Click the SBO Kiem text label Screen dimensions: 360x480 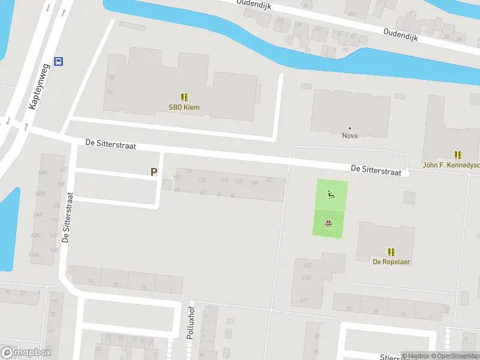pyautogui.click(x=184, y=108)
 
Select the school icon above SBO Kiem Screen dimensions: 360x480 pyautogui.click(x=184, y=97)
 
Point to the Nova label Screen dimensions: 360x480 pyautogui.click(x=350, y=136)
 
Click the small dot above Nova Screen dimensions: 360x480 pyautogui.click(x=350, y=128)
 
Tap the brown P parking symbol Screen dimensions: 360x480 pyautogui.click(x=154, y=172)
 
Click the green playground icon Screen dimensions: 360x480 pyautogui.click(x=330, y=194)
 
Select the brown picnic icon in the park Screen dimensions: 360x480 pyautogui.click(x=329, y=224)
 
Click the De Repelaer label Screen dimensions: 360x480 pyautogui.click(x=391, y=262)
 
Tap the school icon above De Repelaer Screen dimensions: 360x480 pyautogui.click(x=392, y=252)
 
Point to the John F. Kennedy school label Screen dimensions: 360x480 pyautogui.click(x=451, y=165)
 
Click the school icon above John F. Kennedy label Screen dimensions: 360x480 pyautogui.click(x=458, y=155)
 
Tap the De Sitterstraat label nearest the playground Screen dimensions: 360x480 pyautogui.click(x=376, y=170)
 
